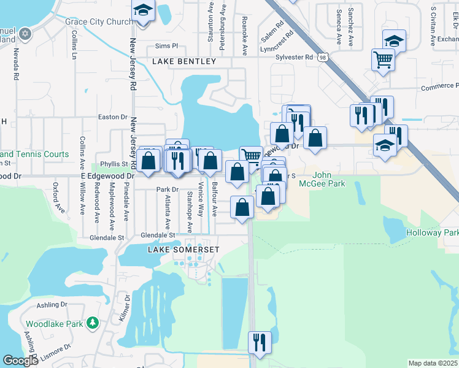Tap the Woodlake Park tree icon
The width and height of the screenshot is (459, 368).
(x=93, y=323)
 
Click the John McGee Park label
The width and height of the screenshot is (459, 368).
(x=322, y=179)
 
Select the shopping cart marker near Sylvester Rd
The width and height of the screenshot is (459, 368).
(x=383, y=60)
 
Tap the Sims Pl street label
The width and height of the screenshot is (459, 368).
(x=166, y=45)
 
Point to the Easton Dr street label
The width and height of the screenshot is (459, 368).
(x=112, y=117)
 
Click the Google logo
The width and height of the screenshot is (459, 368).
(x=20, y=361)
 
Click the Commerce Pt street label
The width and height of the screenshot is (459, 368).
(x=439, y=88)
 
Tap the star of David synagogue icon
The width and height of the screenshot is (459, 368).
(x=25, y=33)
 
